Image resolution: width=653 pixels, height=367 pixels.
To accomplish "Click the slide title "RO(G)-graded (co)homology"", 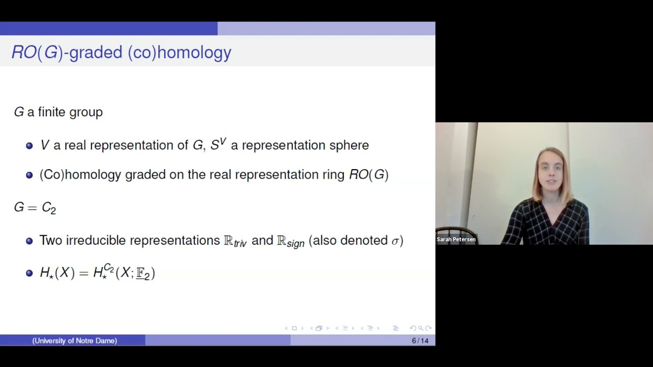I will (121, 53).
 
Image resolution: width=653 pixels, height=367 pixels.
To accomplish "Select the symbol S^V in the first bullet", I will (218, 144).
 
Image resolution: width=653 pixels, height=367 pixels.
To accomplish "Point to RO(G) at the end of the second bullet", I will (368, 175).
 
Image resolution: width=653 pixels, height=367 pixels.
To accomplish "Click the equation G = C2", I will (35, 207).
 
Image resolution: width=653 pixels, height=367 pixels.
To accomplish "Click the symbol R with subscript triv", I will (235, 241).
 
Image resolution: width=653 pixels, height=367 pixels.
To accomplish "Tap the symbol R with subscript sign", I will (290, 241).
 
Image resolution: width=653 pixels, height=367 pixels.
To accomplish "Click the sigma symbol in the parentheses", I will (395, 241).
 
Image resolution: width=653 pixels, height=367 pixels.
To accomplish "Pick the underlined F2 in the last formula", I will (143, 273).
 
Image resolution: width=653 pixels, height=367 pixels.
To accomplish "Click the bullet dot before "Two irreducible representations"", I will (29, 241).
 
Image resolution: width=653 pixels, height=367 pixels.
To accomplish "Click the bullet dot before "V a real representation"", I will (29, 145).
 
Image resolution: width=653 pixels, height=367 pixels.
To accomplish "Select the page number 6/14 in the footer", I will (420, 340).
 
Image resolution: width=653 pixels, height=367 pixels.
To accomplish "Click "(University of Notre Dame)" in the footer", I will (74, 340).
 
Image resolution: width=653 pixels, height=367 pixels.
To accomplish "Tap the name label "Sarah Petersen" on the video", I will (456, 239).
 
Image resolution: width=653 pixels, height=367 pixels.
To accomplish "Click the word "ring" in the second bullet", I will (333, 175).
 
